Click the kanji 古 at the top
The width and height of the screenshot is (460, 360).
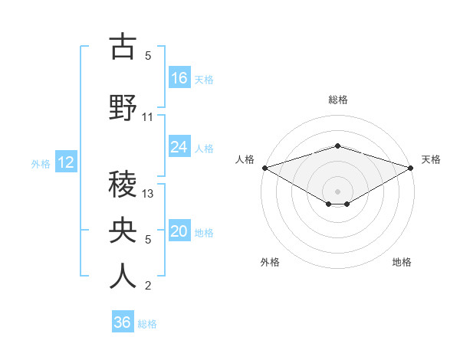coord(123,47)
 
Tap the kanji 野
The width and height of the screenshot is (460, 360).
coord(123,106)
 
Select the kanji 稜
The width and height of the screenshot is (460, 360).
coord(123,184)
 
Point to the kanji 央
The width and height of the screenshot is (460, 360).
coord(123,229)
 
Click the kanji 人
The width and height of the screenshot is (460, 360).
coord(123,276)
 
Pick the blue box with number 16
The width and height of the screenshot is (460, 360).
coord(179,77)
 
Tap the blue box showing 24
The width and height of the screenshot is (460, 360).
coord(179,146)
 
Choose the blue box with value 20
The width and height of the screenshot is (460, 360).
coord(179,231)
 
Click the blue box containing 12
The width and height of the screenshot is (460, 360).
coord(65,162)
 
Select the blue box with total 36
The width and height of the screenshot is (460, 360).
coord(123,322)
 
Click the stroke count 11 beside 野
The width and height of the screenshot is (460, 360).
coord(148,117)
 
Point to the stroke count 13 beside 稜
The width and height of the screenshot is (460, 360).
coord(149,194)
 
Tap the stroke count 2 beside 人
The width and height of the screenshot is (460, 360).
coord(148,286)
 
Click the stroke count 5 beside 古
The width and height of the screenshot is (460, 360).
coord(148,56)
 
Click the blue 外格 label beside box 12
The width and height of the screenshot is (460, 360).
coord(41,163)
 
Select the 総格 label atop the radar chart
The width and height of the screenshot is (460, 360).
coord(337,100)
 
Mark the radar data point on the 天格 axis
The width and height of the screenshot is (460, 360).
coord(411,168)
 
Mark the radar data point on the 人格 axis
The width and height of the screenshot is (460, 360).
coord(264,168)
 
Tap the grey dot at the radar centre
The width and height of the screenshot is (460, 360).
coord(337,190)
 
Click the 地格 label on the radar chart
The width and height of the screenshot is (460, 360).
coord(402,262)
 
